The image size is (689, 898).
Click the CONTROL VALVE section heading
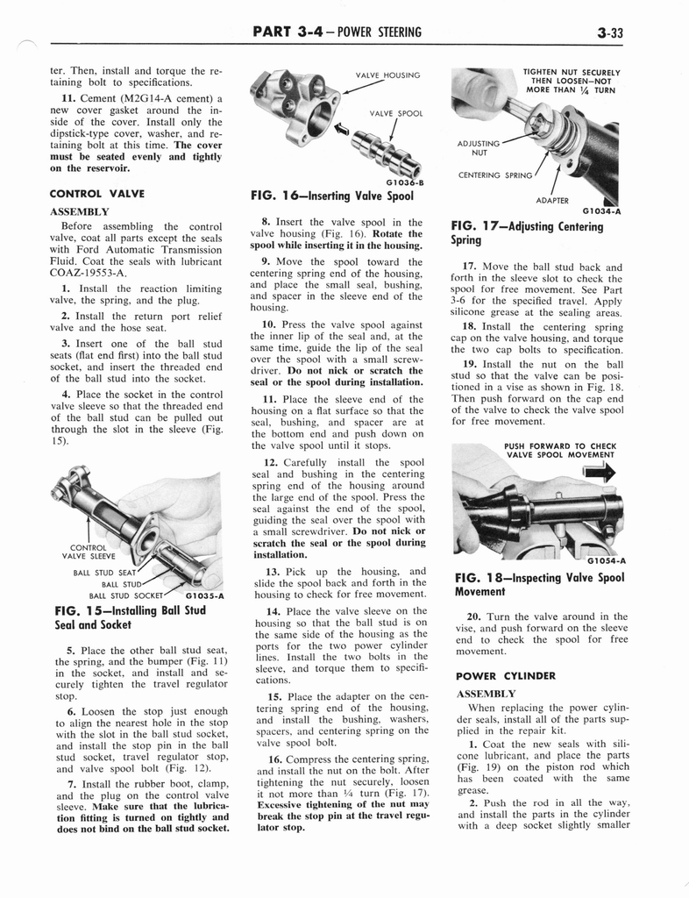coord(97,193)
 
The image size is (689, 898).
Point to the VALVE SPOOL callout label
coord(396,113)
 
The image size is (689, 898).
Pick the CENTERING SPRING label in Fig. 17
coord(495,175)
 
